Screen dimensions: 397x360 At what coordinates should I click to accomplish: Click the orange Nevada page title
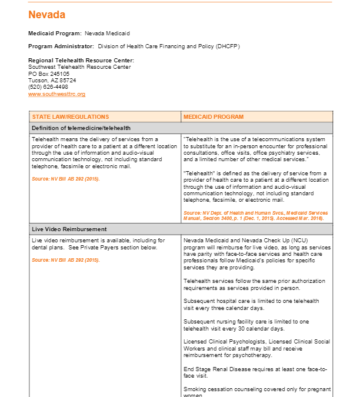tap(47, 15)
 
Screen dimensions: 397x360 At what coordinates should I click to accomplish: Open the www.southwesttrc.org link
tap(56, 94)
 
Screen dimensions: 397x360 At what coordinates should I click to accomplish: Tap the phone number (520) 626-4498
tap(48, 87)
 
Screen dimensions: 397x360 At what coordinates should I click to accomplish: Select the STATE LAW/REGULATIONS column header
tap(71, 116)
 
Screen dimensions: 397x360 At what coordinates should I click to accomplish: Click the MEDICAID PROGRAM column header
tap(213, 116)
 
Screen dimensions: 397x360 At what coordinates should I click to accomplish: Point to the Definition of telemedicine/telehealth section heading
tap(81, 128)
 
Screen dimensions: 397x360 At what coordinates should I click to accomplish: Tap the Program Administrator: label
tap(61, 46)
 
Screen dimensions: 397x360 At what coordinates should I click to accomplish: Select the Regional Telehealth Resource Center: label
tap(81, 61)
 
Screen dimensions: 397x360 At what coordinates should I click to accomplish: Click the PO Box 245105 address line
tap(49, 74)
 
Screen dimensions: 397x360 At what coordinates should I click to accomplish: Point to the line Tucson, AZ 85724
tap(52, 80)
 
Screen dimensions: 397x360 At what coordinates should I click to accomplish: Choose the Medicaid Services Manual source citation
tap(255, 216)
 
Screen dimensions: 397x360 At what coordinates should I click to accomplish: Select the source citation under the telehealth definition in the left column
tap(66, 178)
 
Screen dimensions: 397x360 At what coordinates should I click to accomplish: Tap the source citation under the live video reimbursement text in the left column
tap(66, 259)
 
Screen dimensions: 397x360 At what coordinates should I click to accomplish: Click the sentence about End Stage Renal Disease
tap(255, 372)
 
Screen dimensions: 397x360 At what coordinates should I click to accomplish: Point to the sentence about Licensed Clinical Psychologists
tap(256, 348)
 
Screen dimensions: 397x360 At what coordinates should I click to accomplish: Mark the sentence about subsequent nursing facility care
tap(245, 325)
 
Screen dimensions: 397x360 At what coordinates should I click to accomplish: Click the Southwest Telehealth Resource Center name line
tap(79, 67)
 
